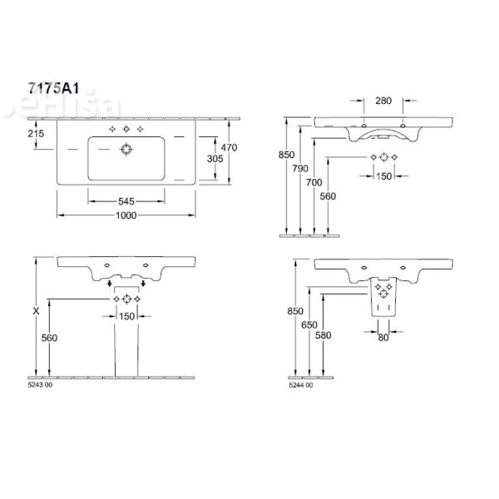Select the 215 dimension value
pyautogui.click(x=35, y=134)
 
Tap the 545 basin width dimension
pyautogui.click(x=126, y=200)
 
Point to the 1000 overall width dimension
pyautogui.click(x=126, y=214)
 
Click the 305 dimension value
pyautogui.click(x=215, y=157)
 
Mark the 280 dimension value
pyautogui.click(x=383, y=101)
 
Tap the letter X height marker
pyautogui.click(x=34, y=310)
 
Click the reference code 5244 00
pyautogui.click(x=301, y=385)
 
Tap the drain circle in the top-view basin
pyautogui.click(x=126, y=150)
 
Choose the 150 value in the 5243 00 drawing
pyautogui.click(x=126, y=316)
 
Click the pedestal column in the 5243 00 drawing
pyautogui.click(x=126, y=349)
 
